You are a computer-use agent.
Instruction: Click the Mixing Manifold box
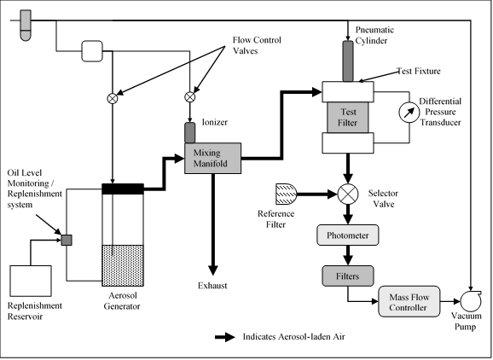point(212,158)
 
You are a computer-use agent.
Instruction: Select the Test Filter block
point(348,117)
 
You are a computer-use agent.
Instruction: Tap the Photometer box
point(347,235)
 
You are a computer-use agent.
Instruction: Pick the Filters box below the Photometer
point(348,276)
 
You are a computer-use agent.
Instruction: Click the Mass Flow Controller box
point(409,301)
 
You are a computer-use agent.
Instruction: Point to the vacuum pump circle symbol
point(471,301)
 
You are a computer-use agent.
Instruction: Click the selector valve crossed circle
point(348,194)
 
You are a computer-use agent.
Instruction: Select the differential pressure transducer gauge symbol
point(409,113)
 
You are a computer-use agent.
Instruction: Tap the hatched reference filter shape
point(286,194)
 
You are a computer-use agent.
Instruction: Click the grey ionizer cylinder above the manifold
point(189,133)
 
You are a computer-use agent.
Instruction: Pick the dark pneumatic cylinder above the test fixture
point(348,61)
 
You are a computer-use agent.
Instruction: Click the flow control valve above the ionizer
point(189,97)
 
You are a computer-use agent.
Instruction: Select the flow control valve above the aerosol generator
point(113,98)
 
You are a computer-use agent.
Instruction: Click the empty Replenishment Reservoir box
point(31,281)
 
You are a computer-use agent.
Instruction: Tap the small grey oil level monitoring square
point(67,241)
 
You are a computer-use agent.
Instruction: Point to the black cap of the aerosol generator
point(123,189)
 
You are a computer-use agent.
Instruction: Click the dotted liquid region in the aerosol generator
point(123,265)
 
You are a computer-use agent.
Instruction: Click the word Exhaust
point(212,286)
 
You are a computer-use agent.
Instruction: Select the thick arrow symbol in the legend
point(225,337)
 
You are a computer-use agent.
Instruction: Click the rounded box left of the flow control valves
point(92,51)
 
